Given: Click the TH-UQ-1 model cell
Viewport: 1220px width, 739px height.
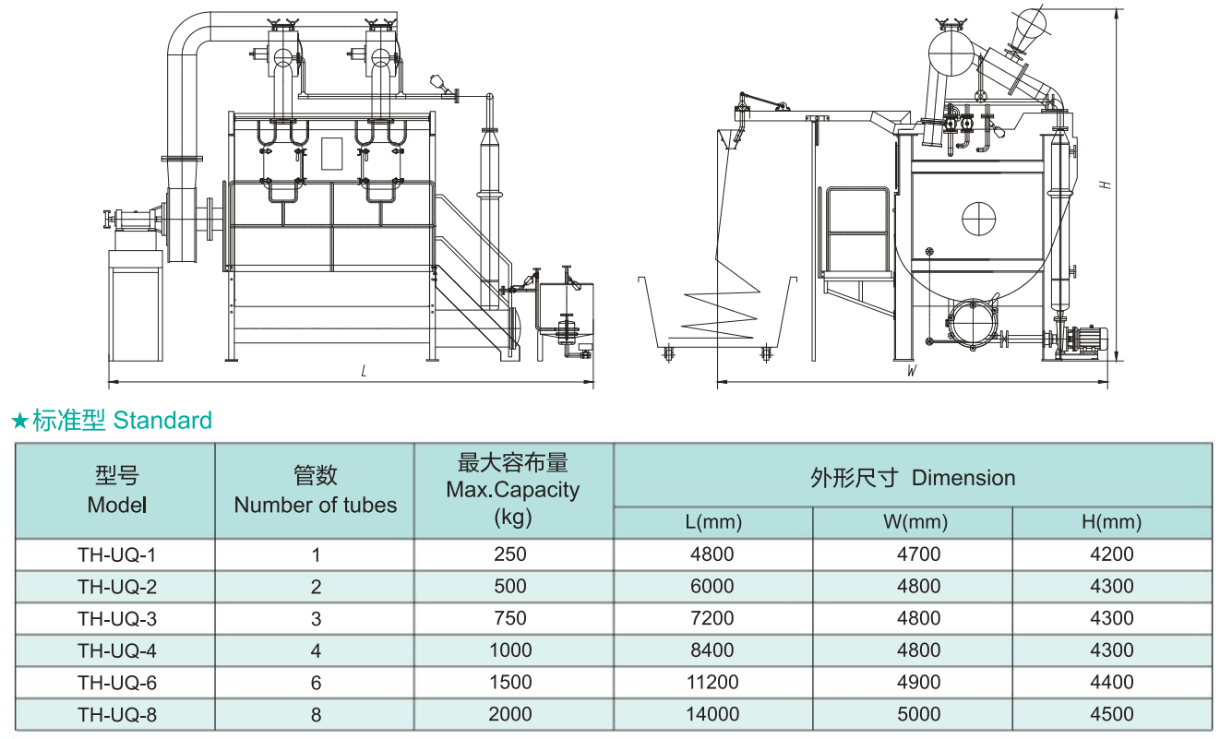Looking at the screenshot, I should coord(116,554).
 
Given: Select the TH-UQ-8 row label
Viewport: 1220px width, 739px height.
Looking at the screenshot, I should coord(116,713).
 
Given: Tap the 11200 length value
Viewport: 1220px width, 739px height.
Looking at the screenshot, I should coord(712,682).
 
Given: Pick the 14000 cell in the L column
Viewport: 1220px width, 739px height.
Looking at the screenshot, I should coord(712,713).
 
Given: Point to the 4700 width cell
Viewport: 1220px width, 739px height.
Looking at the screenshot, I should coord(918,554).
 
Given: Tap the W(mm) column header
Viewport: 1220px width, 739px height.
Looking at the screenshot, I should coord(915,522).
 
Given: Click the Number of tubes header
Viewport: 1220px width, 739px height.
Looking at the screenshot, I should coord(316,505).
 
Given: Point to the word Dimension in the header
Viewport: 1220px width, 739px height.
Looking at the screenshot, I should coord(963,478).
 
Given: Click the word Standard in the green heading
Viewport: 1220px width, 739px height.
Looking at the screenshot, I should coord(162,421).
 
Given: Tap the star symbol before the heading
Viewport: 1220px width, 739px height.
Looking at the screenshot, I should coord(19,423).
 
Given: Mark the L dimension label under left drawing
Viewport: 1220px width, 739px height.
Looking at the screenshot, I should coord(365,372).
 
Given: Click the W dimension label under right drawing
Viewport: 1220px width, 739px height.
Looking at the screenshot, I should coord(911,372).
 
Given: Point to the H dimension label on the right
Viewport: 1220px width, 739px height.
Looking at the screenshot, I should coord(1105,184).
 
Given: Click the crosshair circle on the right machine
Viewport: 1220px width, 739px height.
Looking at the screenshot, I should coord(979,218).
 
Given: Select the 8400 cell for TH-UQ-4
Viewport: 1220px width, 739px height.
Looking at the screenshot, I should coord(712,650).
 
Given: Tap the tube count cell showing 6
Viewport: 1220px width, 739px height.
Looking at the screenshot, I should coord(316,682).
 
